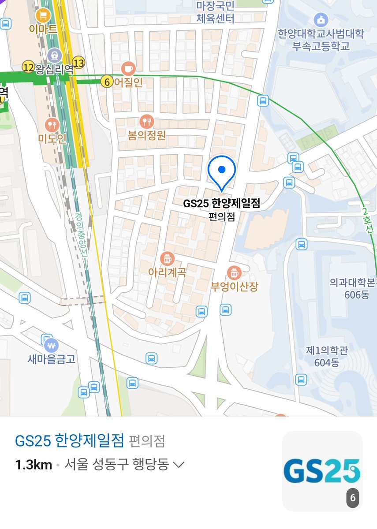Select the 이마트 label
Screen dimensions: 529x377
tap(43, 30)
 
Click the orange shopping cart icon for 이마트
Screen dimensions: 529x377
tap(44, 16)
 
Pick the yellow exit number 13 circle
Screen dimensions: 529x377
tap(79, 63)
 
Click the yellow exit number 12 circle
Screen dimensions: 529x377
tap(28, 67)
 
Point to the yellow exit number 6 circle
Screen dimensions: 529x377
tap(107, 82)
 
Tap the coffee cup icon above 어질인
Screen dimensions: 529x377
tap(128, 68)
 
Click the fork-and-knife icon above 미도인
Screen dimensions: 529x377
tap(52, 124)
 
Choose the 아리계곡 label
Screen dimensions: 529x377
tap(167, 272)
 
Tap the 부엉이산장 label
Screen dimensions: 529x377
tap(234, 286)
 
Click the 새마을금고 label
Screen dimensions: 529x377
tap(52, 359)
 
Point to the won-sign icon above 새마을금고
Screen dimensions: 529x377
tap(52, 344)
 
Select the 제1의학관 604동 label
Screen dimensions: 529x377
tap(327, 357)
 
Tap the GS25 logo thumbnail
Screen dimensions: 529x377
tap(322, 471)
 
